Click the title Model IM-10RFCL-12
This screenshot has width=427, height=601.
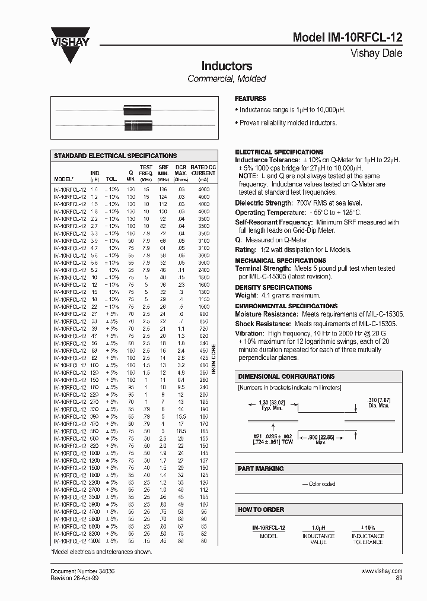pyautogui.click(x=348, y=37)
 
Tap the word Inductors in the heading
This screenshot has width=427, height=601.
pyautogui.click(x=227, y=66)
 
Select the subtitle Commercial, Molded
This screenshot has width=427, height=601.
pyautogui.click(x=227, y=79)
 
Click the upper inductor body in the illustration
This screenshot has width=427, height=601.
pyautogui.click(x=135, y=110)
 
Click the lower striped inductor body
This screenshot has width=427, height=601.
pyautogui.click(x=135, y=125)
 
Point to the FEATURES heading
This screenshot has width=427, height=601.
pyautogui.click(x=251, y=99)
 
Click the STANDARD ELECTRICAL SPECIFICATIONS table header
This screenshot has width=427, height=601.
pyautogui.click(x=116, y=156)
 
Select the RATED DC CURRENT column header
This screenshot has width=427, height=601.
pyautogui.click(x=203, y=173)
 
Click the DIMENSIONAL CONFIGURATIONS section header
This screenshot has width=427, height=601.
pyautogui.click(x=286, y=377)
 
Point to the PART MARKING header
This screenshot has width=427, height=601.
pyautogui.click(x=261, y=469)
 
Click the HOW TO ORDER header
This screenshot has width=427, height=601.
pyautogui.click(x=261, y=510)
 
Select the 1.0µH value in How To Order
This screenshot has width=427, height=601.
pyautogui.click(x=319, y=527)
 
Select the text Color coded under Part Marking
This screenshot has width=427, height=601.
pyautogui.click(x=321, y=484)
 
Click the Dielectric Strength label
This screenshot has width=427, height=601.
pyautogui.click(x=263, y=203)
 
